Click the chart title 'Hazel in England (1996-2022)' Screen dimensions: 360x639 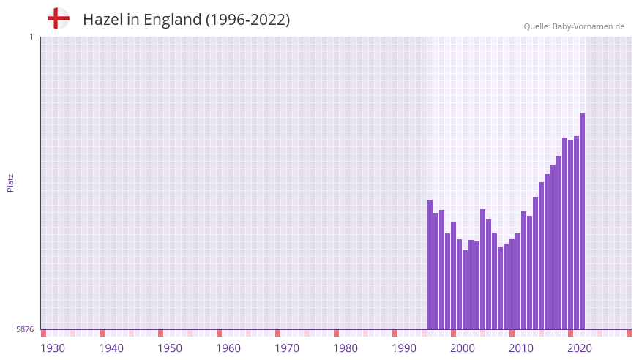pos(186,20)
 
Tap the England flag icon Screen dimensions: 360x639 pos(58,18)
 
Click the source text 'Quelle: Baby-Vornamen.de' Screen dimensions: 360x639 pos(574,26)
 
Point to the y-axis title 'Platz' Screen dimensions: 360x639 pos(10,182)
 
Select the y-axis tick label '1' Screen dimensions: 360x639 pos(31,37)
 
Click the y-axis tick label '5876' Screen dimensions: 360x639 pos(25,330)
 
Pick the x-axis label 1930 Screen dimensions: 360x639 pos(53,348)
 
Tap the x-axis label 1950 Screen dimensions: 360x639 pos(170,348)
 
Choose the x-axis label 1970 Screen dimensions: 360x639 pos(287,348)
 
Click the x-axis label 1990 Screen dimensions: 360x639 pos(404,348)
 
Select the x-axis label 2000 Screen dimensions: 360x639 pos(463,348)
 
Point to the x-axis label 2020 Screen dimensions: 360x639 pos(580,348)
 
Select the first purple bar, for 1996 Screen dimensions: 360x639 pos(430,264)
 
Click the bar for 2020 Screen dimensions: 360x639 pos(570,234)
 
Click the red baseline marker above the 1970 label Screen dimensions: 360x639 pos(277,333)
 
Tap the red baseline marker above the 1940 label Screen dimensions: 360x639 pos(102,333)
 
